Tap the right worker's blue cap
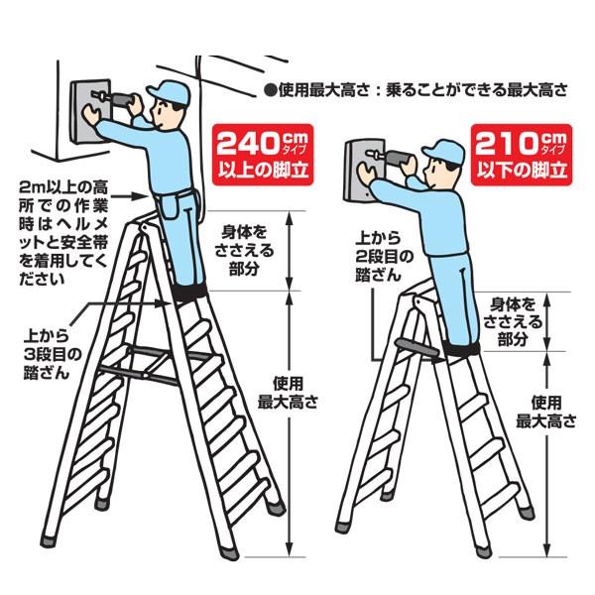tap(443, 150)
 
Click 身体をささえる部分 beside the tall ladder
tap(244, 252)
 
